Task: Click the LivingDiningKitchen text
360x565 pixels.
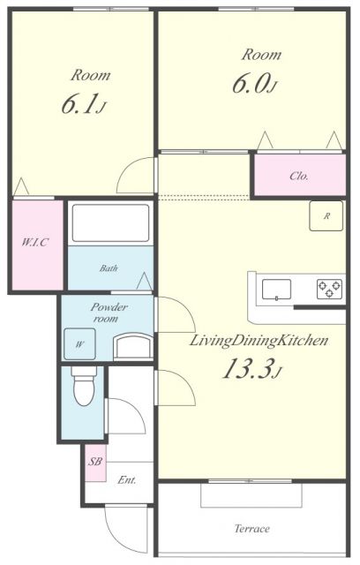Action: click(x=259, y=340)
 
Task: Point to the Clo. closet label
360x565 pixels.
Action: click(x=299, y=176)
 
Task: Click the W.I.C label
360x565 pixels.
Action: click(x=34, y=243)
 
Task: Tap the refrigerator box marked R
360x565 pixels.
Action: click(x=326, y=215)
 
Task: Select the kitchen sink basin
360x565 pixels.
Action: click(x=277, y=287)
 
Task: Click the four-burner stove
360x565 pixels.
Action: click(x=329, y=288)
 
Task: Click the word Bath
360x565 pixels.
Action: click(x=109, y=268)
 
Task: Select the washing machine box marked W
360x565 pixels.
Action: click(x=79, y=343)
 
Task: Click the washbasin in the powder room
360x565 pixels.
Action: click(x=132, y=345)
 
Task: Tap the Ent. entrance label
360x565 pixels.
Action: click(x=127, y=481)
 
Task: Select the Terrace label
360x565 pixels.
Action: click(x=251, y=530)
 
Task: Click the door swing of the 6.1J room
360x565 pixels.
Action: click(x=137, y=175)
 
